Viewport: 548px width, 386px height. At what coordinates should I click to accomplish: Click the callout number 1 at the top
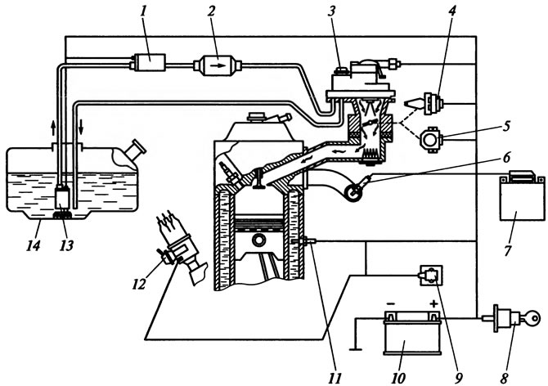(143, 11)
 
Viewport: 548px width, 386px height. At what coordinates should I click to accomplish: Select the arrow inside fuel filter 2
(219, 65)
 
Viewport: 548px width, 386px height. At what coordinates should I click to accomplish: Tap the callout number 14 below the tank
(34, 245)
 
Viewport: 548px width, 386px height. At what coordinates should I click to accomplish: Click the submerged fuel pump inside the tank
(63, 198)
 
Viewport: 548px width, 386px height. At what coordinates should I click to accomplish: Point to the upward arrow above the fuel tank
(53, 128)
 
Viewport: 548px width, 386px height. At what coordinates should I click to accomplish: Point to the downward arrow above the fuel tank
(81, 128)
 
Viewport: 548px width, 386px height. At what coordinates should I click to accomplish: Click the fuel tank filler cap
(137, 149)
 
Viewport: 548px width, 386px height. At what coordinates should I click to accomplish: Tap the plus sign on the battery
(433, 303)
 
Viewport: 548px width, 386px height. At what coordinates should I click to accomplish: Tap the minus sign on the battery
(391, 303)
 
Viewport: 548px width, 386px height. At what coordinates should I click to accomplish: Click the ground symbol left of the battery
(356, 348)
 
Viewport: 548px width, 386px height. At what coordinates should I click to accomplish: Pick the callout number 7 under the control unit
(508, 250)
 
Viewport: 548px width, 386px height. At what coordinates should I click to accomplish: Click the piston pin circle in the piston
(259, 240)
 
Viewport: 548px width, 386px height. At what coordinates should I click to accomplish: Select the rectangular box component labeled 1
(150, 62)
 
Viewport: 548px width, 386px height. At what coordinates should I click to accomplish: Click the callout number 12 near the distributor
(138, 285)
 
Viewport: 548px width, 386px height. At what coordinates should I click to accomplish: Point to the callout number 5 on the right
(507, 126)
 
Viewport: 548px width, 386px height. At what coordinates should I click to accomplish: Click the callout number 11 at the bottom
(335, 378)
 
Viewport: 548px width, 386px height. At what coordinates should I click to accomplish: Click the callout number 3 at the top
(331, 11)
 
